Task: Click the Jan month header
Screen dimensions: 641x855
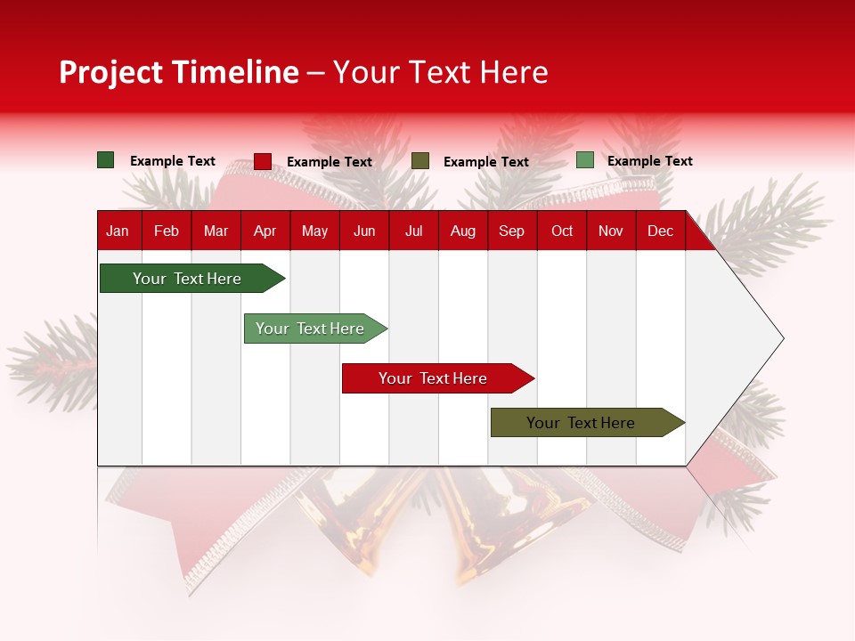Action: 118,231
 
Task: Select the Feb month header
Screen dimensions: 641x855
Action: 167,231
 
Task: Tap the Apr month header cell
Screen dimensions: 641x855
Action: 265,231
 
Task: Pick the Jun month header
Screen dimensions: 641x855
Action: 364,231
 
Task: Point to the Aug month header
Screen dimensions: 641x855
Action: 463,231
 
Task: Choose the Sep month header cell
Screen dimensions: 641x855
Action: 512,231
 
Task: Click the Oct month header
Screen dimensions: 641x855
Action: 562,231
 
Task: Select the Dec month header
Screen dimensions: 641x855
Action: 661,231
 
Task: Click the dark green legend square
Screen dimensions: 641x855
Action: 106,160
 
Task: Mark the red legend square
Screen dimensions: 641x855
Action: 263,161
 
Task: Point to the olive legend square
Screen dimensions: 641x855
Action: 420,161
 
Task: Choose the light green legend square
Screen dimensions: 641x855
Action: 584,160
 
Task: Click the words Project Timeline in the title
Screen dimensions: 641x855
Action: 179,72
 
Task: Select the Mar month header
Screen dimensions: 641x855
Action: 216,231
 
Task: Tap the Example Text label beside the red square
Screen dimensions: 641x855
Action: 330,162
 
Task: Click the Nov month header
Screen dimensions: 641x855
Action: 611,231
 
